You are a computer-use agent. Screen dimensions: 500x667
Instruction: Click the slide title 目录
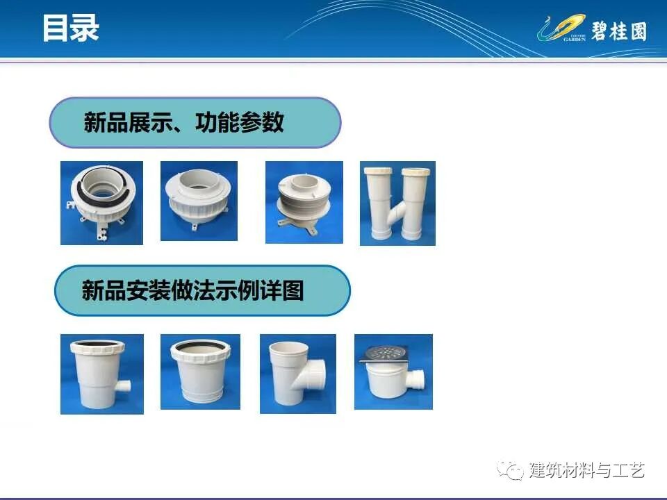[x=70, y=28]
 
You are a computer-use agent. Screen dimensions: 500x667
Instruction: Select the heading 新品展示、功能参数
[x=184, y=123]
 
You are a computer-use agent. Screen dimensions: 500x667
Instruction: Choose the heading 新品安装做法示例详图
[x=193, y=290]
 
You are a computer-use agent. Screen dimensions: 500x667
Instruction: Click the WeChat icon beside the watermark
[x=514, y=471]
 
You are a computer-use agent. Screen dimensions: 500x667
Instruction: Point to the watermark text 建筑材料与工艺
[x=587, y=470]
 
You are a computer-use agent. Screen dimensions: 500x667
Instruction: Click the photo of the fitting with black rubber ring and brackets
[x=101, y=203]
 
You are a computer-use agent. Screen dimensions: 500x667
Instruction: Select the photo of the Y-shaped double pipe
[x=397, y=203]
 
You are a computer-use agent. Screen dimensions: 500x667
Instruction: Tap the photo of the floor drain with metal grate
[x=393, y=372]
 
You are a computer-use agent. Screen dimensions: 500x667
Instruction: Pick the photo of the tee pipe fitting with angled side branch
[x=298, y=374]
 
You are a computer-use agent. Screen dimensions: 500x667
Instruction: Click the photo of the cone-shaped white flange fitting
[x=199, y=201]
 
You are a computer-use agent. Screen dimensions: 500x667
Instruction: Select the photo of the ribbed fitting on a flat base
[x=304, y=202]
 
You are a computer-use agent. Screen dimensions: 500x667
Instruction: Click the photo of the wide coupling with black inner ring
[x=200, y=372]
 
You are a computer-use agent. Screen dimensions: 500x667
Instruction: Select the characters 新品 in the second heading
[x=97, y=290]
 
